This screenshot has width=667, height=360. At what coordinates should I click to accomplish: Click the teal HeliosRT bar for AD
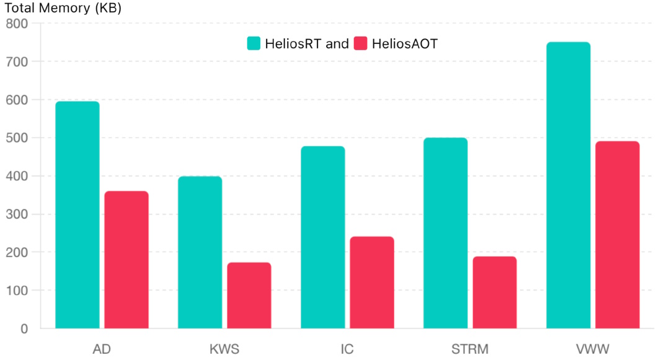coord(77,214)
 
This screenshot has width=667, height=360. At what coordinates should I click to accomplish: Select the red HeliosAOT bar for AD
coord(126,260)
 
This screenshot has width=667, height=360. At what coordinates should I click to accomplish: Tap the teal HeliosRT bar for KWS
coord(200,252)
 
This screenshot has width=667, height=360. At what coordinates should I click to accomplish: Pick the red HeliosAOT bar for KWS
coord(249,295)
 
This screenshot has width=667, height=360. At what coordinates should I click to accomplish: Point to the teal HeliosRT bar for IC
coord(323,237)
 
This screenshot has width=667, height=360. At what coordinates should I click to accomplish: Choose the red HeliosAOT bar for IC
coord(372,282)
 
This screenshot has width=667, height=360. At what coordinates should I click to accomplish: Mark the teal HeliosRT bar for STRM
coord(446,233)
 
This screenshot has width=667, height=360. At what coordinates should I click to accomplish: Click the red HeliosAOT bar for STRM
coord(495,292)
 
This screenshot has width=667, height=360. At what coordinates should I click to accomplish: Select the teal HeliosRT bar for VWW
coord(568,185)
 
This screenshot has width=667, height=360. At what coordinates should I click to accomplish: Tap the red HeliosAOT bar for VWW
coord(617,235)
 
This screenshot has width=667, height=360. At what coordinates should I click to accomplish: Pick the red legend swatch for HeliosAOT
coord(360,43)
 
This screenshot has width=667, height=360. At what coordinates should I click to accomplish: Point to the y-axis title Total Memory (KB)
coord(63,9)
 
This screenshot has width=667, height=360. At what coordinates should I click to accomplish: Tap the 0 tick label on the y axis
coord(24,329)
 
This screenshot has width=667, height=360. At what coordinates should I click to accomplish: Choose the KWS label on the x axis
coord(224,349)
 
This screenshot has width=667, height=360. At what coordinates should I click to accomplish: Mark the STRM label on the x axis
coord(470,349)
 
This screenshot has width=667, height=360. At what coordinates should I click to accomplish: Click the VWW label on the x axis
coord(593,349)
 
